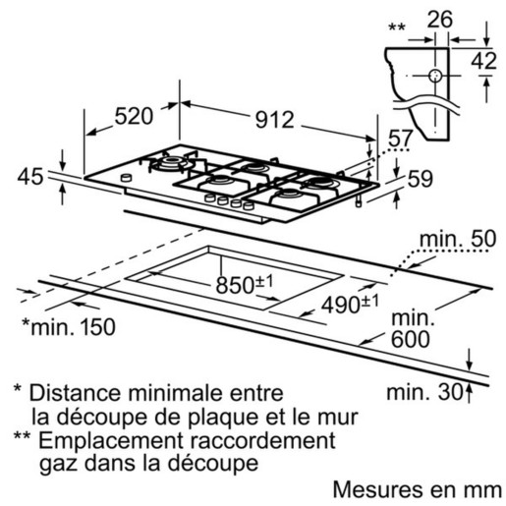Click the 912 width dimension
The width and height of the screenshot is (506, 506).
(274, 120)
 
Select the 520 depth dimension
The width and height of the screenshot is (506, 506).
(134, 116)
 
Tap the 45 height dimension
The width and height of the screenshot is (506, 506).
(30, 177)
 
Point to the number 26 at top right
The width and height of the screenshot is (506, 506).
(440, 20)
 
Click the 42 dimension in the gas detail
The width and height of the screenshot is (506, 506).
(484, 61)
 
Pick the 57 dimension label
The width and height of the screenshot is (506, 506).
(400, 139)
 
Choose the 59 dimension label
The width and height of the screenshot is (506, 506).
(421, 179)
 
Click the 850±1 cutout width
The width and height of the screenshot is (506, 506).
(245, 284)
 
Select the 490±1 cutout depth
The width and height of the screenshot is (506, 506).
(350, 304)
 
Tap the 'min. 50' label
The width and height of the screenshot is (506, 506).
(458, 239)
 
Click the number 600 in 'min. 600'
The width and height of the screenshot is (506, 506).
(411, 339)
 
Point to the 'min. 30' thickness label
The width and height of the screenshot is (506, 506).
(424, 392)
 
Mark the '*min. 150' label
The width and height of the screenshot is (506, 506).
(69, 326)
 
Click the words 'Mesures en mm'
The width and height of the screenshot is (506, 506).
(418, 490)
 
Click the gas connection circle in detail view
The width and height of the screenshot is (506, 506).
(435, 76)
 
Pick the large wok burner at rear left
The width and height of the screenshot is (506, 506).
(172, 162)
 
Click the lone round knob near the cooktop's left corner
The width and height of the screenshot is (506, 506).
(126, 178)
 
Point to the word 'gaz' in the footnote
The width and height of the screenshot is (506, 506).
(58, 465)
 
